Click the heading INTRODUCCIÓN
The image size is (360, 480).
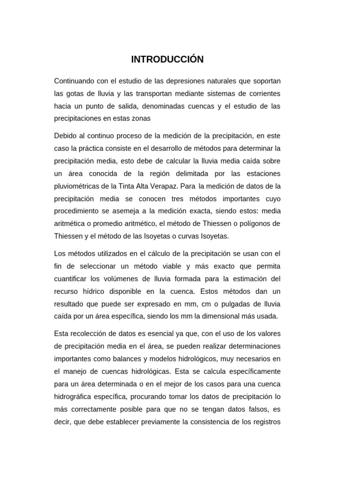167,60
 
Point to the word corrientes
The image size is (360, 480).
263,94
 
